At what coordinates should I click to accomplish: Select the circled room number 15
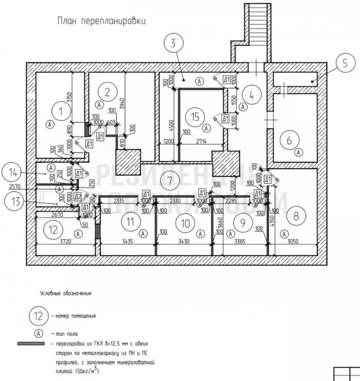pos(195,117)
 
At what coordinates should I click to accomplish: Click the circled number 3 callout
pos(173,43)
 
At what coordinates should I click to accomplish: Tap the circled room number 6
pos(289,141)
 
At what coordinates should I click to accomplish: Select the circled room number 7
pos(169,180)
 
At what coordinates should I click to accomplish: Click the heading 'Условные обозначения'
pos(66,294)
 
